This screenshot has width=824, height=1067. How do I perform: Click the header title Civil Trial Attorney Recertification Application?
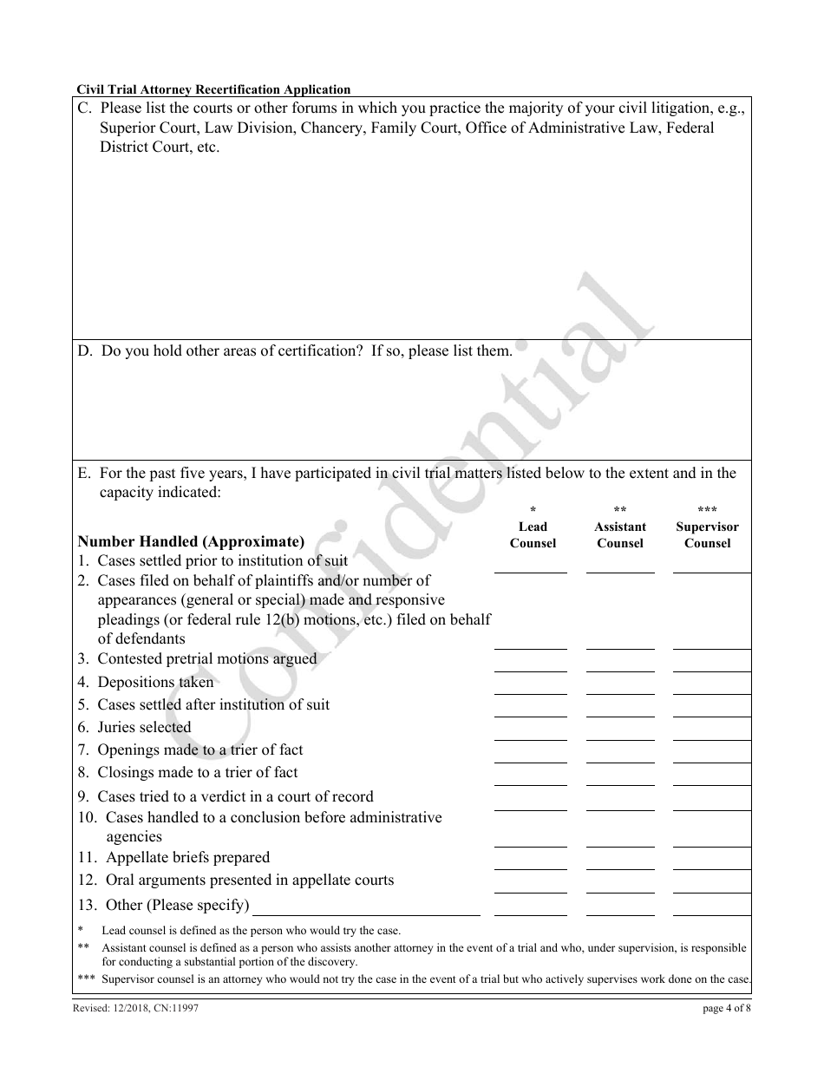(213, 89)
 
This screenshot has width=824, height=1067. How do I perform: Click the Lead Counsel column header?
(533, 534)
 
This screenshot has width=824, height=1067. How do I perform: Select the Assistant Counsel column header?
(620, 534)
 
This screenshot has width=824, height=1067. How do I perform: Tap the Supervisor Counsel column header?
(707, 534)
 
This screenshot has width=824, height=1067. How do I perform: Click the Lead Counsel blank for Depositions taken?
(530, 687)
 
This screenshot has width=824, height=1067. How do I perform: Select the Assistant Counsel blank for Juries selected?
(620, 732)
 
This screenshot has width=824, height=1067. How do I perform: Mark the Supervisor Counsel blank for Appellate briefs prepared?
(711, 862)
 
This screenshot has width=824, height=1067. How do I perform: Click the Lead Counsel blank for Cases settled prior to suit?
(530, 566)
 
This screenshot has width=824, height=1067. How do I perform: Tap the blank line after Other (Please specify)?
(365, 907)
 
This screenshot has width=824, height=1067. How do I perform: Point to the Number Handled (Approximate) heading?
(191, 542)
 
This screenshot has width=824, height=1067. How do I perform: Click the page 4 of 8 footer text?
(727, 1008)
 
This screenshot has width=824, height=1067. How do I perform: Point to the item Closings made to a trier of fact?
(197, 773)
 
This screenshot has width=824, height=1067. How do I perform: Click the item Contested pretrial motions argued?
(206, 659)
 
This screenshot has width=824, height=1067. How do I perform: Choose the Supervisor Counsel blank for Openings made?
(711, 755)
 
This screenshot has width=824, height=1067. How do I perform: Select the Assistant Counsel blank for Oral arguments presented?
(620, 885)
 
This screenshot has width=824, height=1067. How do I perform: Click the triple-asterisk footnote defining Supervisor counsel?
(415, 979)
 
